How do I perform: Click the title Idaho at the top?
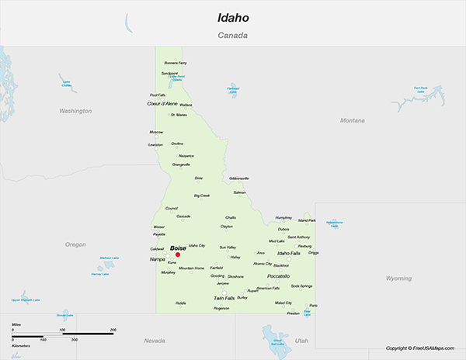click(x=233, y=16)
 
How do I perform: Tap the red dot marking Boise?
click(x=177, y=254)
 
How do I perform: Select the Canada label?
click(x=233, y=36)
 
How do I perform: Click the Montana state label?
click(x=352, y=120)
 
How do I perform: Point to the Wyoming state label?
click(x=398, y=278)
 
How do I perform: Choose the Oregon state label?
click(x=75, y=244)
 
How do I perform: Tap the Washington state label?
click(x=75, y=111)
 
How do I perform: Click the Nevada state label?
click(x=155, y=341)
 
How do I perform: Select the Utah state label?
click(x=301, y=341)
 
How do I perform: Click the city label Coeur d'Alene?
click(x=162, y=103)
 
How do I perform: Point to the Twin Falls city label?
click(x=224, y=298)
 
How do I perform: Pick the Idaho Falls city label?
click(x=289, y=253)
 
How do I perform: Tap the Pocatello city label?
click(x=278, y=276)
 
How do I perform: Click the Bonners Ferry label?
click(x=176, y=63)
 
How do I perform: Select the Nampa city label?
click(x=158, y=258)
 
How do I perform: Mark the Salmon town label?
click(x=239, y=192)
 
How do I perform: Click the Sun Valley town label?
click(x=228, y=247)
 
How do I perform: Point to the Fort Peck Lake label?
click(x=420, y=88)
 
